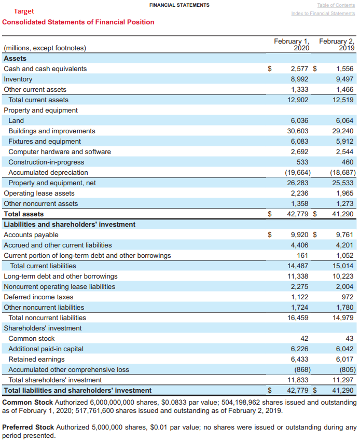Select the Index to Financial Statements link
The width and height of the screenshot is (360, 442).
click(x=323, y=13)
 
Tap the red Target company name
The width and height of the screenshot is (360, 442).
click(x=24, y=11)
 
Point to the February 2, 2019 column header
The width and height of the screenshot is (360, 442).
click(x=337, y=44)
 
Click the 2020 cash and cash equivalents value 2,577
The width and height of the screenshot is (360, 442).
click(x=299, y=68)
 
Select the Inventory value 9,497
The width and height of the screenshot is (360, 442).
click(x=344, y=79)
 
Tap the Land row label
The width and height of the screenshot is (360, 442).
click(x=16, y=120)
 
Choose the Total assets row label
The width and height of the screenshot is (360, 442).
click(x=24, y=214)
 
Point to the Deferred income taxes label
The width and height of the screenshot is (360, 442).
click(x=34, y=297)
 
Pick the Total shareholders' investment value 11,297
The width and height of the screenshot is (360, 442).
click(x=343, y=380)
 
